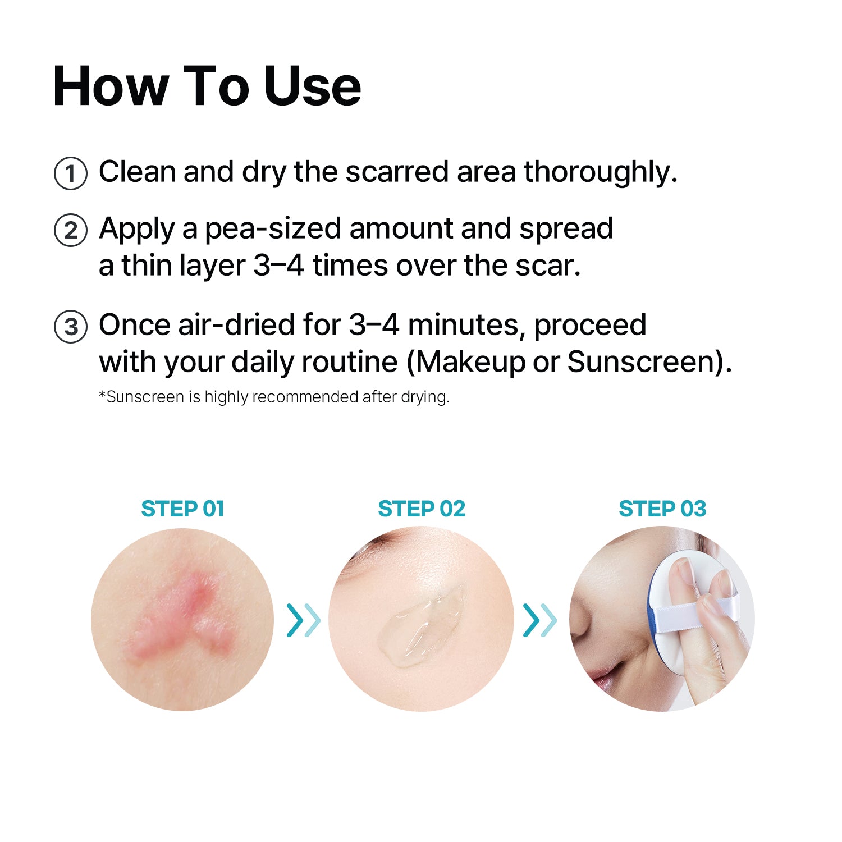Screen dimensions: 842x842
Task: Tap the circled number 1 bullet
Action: pos(71,173)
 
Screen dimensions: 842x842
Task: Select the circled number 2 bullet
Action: pos(71,230)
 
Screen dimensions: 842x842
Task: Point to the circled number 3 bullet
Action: pos(71,327)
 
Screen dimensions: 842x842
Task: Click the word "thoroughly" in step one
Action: pos(601,172)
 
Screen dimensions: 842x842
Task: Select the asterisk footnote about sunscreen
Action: pos(274,397)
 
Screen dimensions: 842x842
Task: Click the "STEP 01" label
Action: pos(182,509)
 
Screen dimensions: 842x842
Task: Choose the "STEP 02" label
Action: pos(422,509)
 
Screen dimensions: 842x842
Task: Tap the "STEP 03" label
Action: pos(662,509)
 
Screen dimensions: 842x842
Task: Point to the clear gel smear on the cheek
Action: pos(421,623)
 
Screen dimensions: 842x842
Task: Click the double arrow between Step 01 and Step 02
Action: pos(303,620)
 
